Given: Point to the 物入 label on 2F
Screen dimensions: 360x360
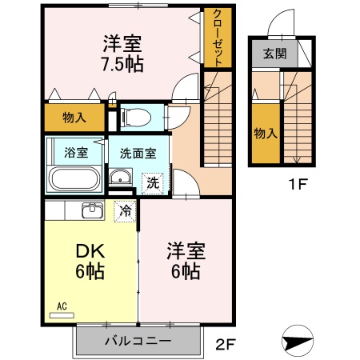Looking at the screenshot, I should pyautogui.click(x=74, y=118).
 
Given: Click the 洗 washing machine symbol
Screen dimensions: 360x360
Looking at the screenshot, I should pyautogui.click(x=153, y=182).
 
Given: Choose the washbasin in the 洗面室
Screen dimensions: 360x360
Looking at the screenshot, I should pyautogui.click(x=121, y=178).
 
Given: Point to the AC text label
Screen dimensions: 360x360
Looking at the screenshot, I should pyautogui.click(x=62, y=305).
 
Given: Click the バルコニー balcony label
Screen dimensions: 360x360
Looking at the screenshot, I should pyautogui.click(x=137, y=342).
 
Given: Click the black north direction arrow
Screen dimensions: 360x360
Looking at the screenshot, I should pyautogui.click(x=297, y=340).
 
